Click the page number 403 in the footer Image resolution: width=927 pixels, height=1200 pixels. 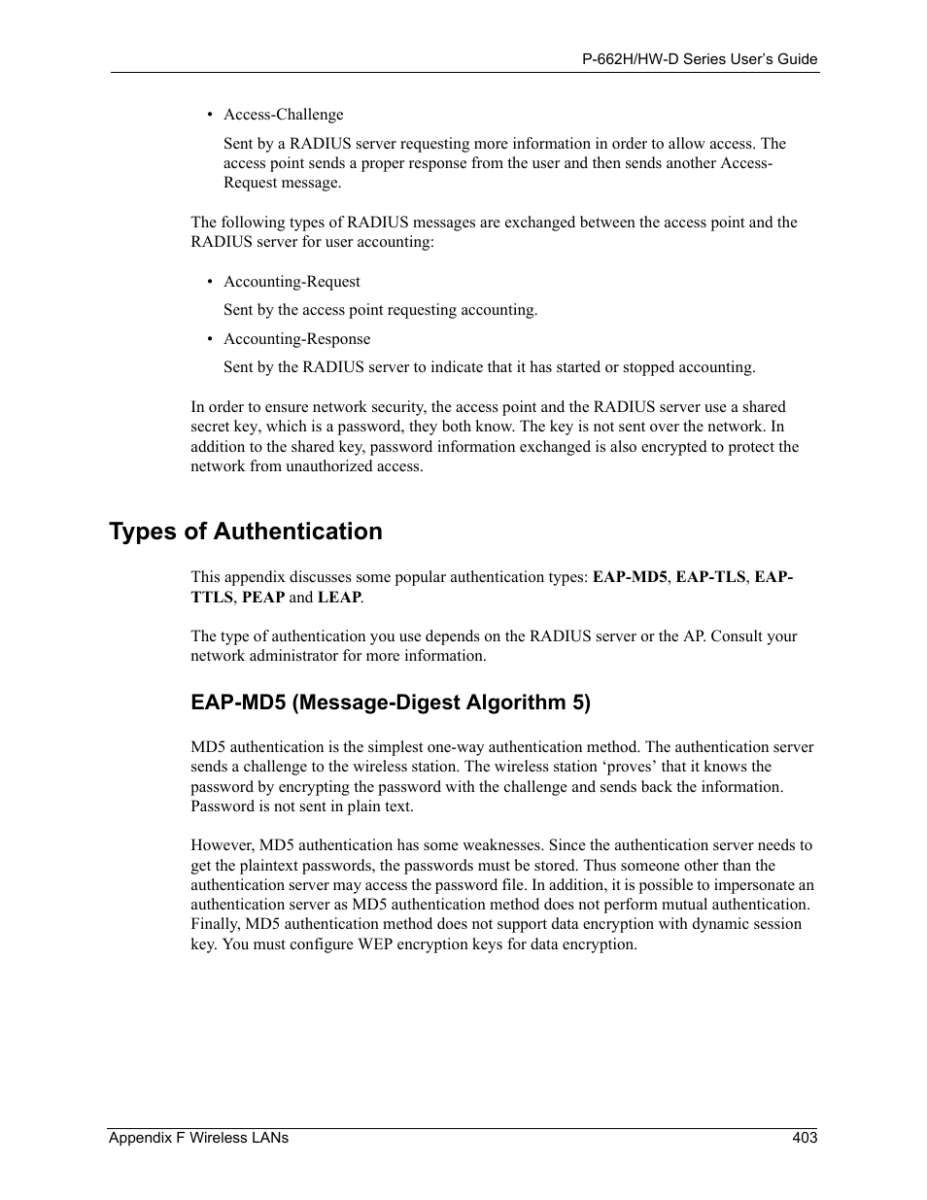click(805, 1138)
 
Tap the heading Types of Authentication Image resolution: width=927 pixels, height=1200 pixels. click(246, 531)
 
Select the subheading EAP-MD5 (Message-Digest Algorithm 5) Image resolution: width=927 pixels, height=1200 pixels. click(390, 703)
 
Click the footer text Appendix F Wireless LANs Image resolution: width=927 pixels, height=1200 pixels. click(198, 1138)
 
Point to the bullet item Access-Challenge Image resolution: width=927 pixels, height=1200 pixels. click(283, 115)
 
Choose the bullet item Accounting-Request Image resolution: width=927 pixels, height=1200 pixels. click(292, 282)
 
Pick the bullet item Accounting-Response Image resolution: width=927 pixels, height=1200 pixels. click(296, 339)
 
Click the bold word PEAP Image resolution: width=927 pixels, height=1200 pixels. click(262, 598)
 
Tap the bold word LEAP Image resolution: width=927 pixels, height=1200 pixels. click(339, 598)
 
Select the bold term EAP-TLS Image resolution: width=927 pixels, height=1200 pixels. click(710, 577)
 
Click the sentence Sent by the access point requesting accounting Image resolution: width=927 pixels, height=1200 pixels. click(380, 310)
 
